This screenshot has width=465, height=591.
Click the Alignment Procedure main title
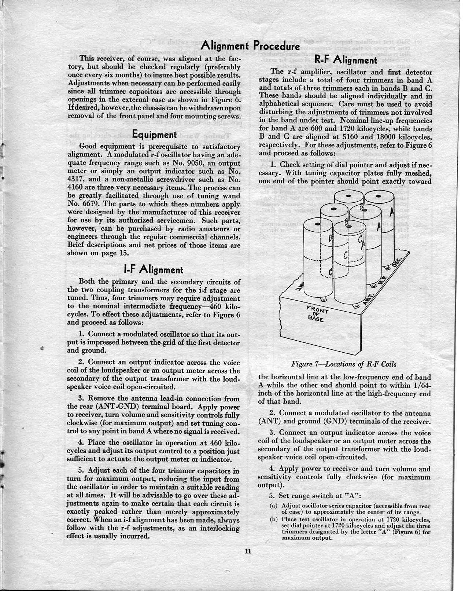tap(251, 46)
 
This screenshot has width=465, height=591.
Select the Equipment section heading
tap(155, 135)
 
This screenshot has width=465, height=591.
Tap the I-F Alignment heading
tap(154, 270)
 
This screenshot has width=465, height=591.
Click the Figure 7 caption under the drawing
tap(344, 364)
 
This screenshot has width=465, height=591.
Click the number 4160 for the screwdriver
tap(76, 188)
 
